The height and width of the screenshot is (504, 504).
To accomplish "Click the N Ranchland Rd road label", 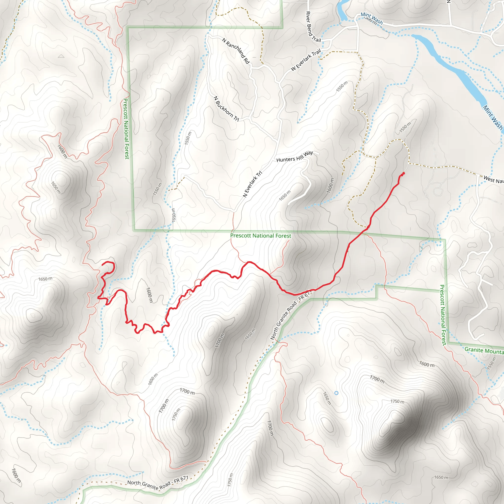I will [236, 51].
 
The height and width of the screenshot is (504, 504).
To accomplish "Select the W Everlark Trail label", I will [305, 60].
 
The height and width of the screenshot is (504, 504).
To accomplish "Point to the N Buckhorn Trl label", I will [226, 109].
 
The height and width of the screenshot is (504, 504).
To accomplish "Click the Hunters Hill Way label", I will [295, 157].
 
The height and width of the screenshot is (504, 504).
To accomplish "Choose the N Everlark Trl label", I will [252, 184].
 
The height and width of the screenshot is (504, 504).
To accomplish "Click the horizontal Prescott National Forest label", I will [261, 236].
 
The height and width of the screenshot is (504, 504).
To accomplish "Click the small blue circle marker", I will [336, 393].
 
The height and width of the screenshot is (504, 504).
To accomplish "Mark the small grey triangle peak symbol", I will [61, 56].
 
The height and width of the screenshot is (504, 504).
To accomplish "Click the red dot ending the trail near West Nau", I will [404, 173].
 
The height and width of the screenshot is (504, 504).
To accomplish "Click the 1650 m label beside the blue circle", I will [327, 398].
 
